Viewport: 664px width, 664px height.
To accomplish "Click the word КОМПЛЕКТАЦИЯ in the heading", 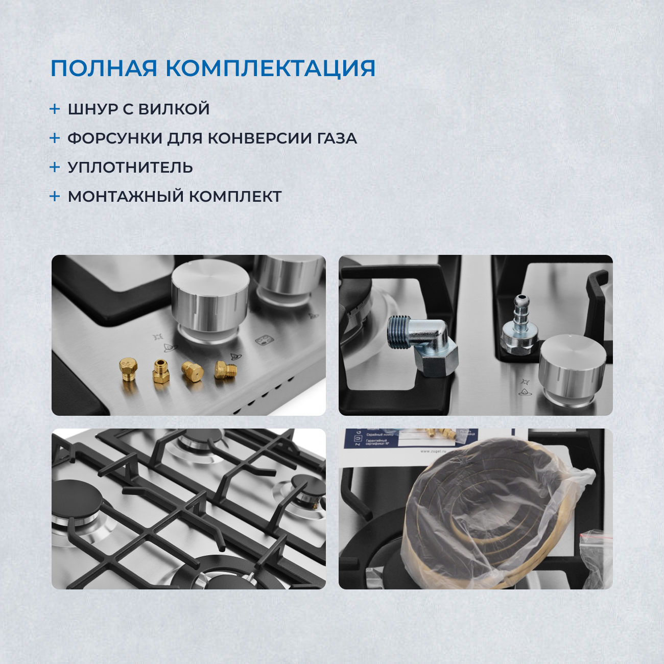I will coord(271,68).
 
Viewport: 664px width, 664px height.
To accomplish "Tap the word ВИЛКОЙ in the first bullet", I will coord(174,109).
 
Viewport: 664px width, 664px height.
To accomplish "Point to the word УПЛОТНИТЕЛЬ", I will coord(130,168).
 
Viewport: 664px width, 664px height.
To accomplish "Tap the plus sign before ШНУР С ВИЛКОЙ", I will coord(55,109).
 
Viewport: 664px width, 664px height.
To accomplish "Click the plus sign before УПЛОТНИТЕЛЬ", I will coord(55,167).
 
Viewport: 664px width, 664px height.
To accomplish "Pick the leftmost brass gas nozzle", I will coord(128,369).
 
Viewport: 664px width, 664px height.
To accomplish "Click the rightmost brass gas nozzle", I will coord(225,370).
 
